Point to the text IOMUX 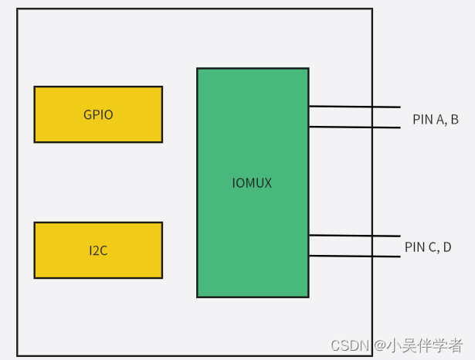click(x=253, y=183)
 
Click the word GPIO click(x=98, y=115)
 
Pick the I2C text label click(x=98, y=250)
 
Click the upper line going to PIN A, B click(x=355, y=106)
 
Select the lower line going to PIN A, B click(x=355, y=127)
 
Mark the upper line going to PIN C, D click(x=355, y=235)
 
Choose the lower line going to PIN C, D click(x=355, y=256)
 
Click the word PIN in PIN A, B click(x=422, y=120)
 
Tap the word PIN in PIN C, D click(x=415, y=247)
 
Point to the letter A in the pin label click(x=440, y=120)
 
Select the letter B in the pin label click(x=454, y=120)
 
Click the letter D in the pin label click(x=447, y=247)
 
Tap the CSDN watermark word click(x=350, y=345)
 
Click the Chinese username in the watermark click(x=426, y=345)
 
